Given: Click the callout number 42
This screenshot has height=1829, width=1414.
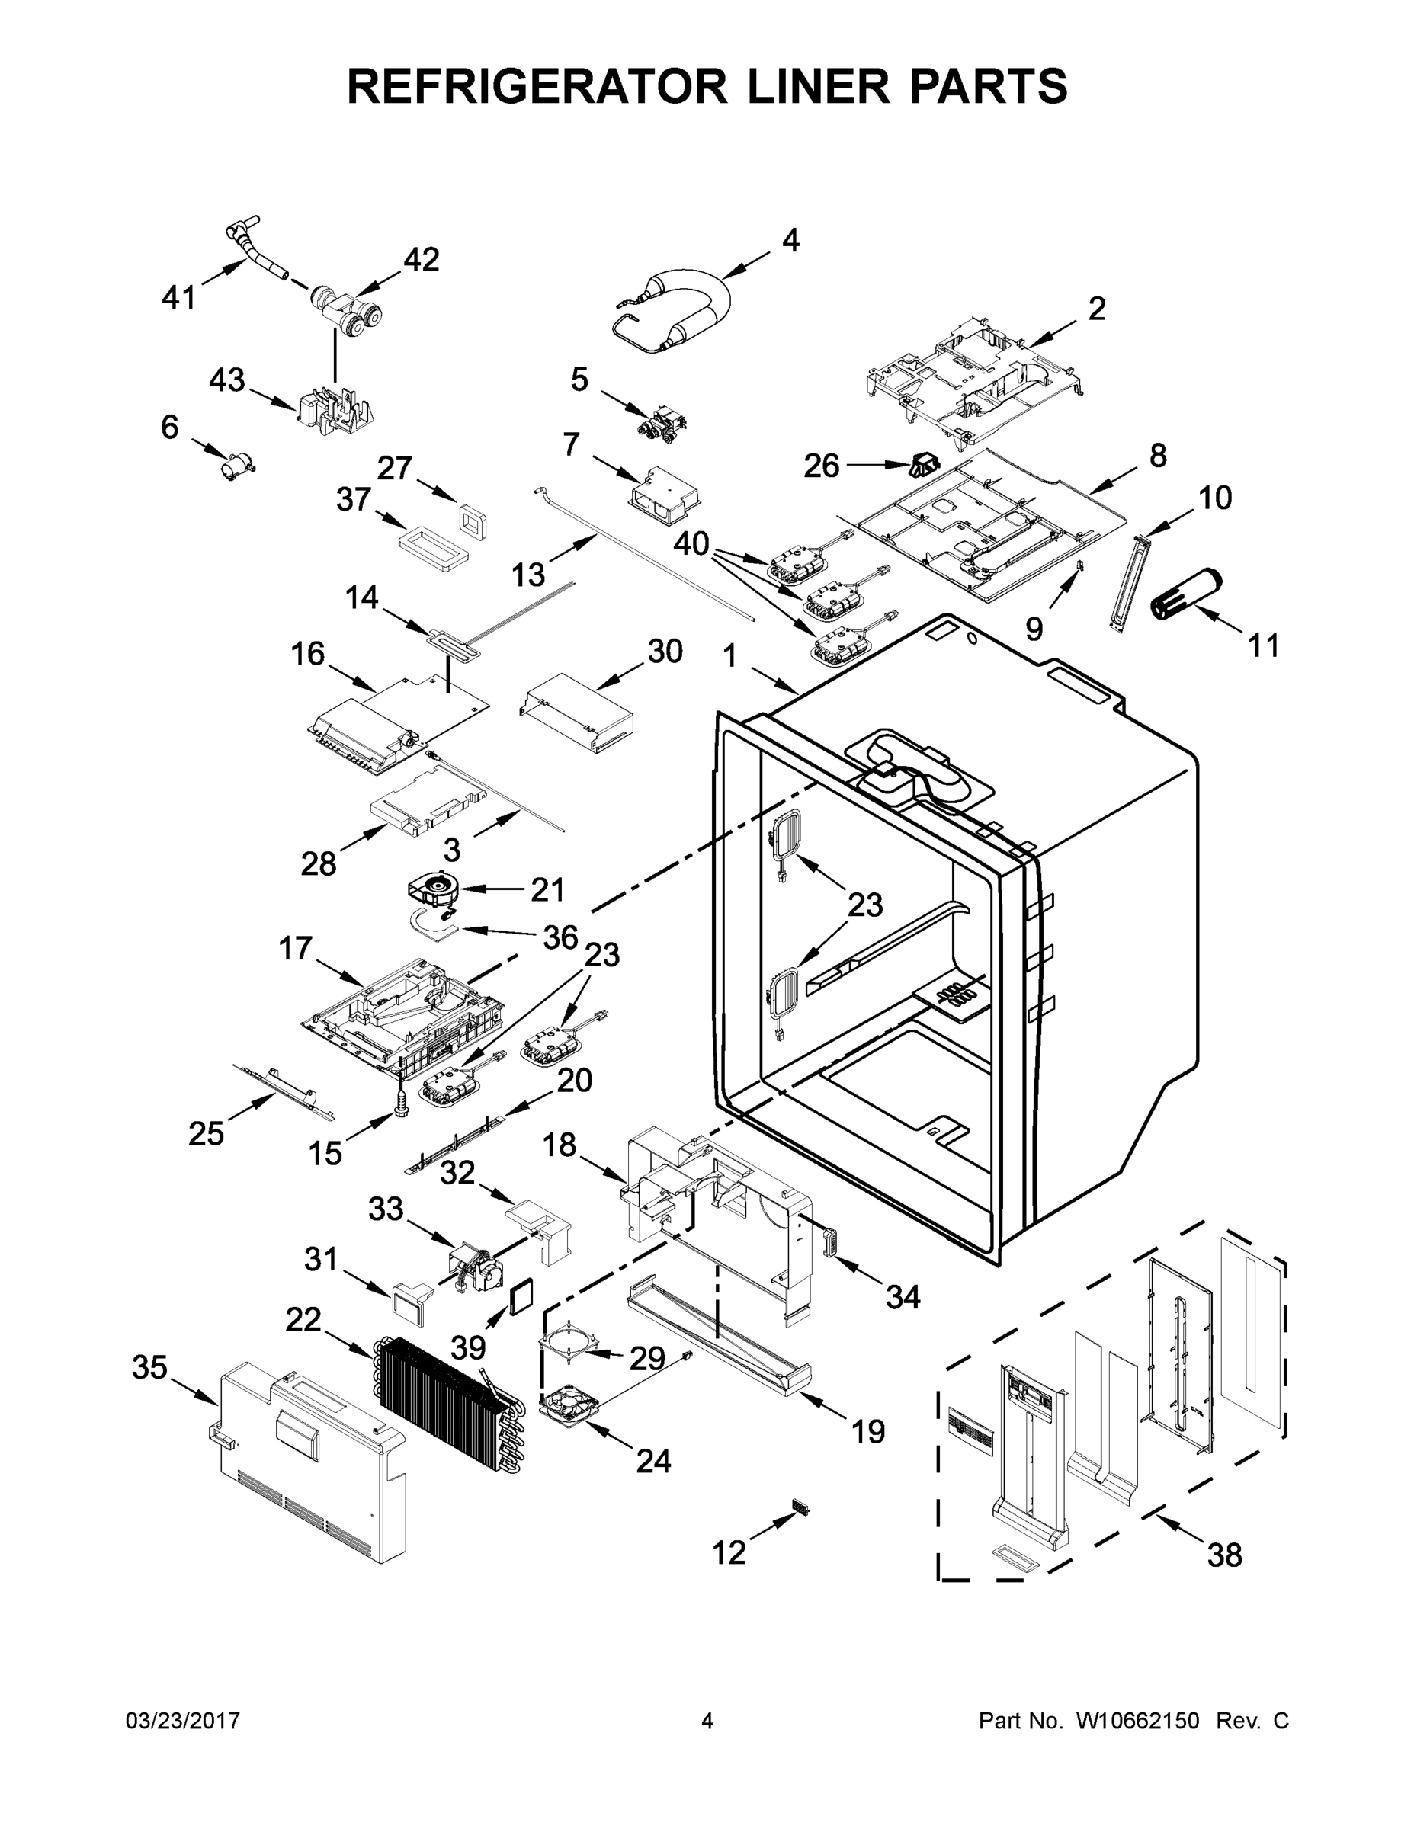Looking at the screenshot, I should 421,261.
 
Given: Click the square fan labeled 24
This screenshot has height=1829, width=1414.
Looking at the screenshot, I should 571,1405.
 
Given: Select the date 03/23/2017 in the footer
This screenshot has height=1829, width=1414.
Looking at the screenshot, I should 183,1720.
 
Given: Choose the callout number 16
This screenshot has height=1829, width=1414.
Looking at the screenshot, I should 308,653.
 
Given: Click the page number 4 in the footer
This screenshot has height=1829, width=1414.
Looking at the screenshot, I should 707,1720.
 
